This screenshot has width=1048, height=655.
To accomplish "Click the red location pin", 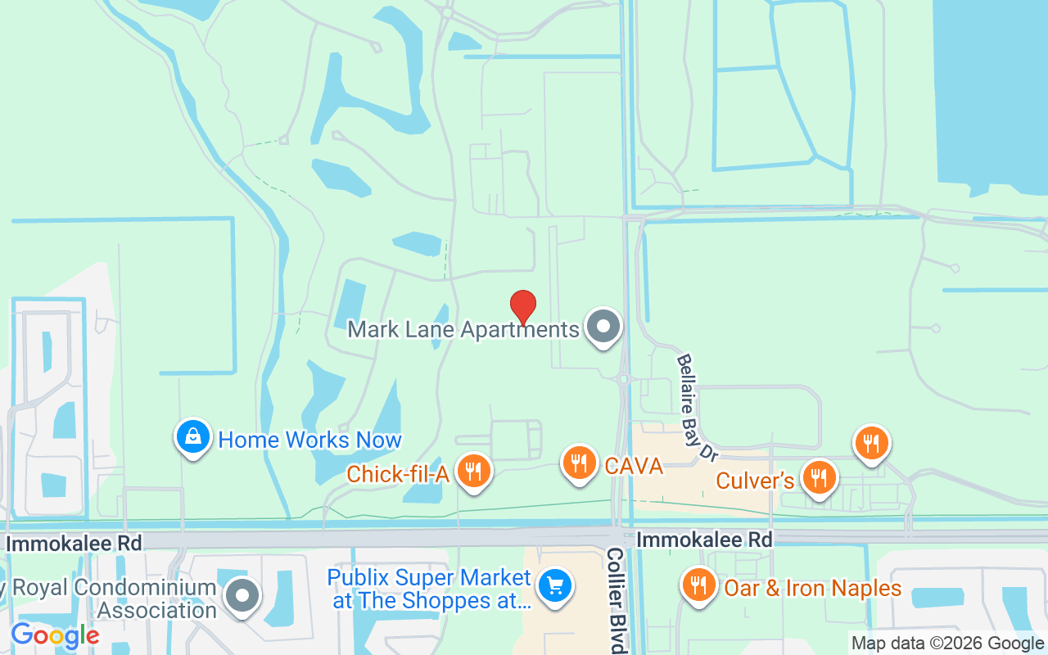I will pyautogui.click(x=523, y=307).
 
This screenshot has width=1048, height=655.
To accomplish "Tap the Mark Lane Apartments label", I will pyautogui.click(x=463, y=330).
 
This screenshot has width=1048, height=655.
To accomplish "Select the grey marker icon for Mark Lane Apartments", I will pyautogui.click(x=604, y=326).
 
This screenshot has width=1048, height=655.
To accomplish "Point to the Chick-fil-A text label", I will pyautogui.click(x=398, y=474).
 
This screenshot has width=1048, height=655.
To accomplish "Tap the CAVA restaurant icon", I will pyautogui.click(x=580, y=463).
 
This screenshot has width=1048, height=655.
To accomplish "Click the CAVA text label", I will pyautogui.click(x=633, y=466).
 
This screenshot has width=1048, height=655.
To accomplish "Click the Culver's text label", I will pyautogui.click(x=755, y=480).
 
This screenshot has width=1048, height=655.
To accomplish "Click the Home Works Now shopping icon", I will pyautogui.click(x=193, y=437).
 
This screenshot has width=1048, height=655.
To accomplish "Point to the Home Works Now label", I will pyautogui.click(x=309, y=440).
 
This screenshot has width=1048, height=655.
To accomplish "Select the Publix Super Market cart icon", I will pyautogui.click(x=556, y=586).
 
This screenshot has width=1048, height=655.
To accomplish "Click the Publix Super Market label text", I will pyautogui.click(x=429, y=589).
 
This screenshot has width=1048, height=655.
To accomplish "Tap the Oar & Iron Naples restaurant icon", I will pyautogui.click(x=698, y=585).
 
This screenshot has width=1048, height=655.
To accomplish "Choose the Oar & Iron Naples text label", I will pyautogui.click(x=812, y=588).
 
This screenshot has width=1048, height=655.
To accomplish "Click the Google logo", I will pyautogui.click(x=55, y=635).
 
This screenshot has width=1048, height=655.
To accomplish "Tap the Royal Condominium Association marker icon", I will pyautogui.click(x=242, y=597).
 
